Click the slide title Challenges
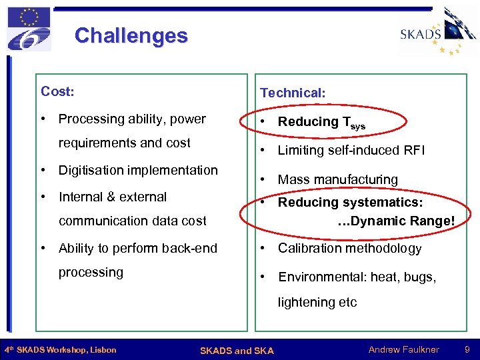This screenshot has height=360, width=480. [x=131, y=35]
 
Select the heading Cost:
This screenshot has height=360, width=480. [x=57, y=91]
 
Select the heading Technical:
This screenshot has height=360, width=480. [x=293, y=93]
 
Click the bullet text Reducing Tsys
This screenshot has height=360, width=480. [x=321, y=122]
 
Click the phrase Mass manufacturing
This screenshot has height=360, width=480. [x=337, y=179]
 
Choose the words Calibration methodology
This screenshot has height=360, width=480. [x=349, y=248]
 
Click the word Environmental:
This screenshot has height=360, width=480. [x=321, y=277]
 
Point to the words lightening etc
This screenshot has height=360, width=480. [x=317, y=302]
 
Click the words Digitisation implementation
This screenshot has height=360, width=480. [x=138, y=170]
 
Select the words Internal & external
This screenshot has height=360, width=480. [x=113, y=197]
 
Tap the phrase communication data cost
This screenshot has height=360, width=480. [x=133, y=221]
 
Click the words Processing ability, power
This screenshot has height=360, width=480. [x=132, y=119]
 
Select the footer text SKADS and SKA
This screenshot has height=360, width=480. [x=236, y=350]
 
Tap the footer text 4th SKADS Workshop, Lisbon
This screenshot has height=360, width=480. [x=61, y=350]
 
